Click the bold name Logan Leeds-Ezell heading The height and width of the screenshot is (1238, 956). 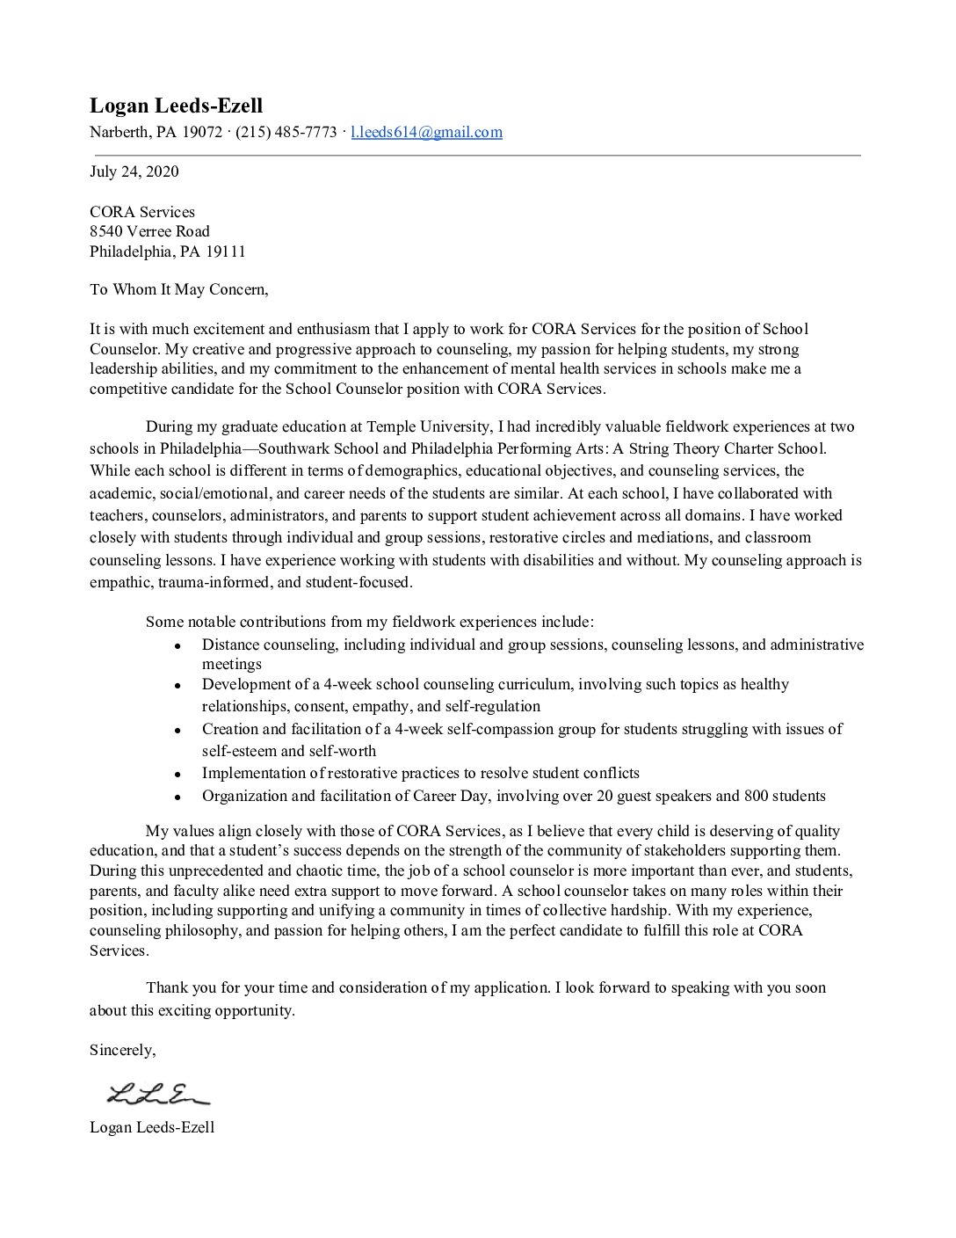176,106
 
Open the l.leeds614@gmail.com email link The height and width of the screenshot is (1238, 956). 426,133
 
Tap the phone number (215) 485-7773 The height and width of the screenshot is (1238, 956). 286,133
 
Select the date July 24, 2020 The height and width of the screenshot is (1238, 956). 134,171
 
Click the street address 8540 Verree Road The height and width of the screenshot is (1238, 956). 149,231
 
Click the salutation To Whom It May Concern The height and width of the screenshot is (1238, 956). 178,289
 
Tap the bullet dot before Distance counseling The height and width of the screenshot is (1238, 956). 177,645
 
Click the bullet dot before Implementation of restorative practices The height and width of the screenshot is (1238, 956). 177,775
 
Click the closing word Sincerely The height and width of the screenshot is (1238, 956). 122,1050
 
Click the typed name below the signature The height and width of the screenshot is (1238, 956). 152,1127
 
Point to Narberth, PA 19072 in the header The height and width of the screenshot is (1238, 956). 156,133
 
